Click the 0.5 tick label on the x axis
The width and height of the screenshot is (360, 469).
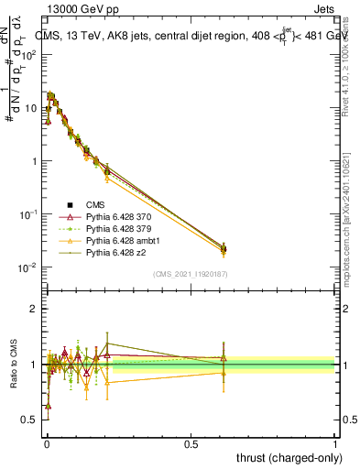(x=191, y=442)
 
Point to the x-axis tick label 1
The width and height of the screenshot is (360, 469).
(x=335, y=442)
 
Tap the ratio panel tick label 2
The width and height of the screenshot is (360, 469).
(x=34, y=309)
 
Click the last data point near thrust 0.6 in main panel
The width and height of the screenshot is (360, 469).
(x=224, y=248)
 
